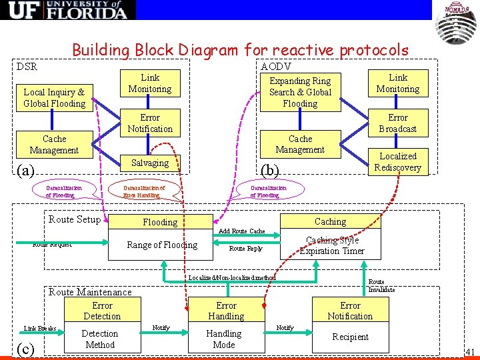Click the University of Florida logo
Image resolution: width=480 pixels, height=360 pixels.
point(68,10)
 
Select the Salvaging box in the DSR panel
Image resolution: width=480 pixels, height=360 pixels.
point(150,163)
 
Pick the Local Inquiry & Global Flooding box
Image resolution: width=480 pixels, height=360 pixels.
point(54,98)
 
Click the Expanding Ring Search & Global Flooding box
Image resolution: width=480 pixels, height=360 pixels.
point(300,92)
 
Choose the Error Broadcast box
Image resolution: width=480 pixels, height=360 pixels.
point(397,123)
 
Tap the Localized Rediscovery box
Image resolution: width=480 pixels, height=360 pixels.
point(397,162)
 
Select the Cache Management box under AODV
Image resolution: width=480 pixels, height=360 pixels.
point(300,144)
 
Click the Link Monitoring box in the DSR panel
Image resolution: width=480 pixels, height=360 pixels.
point(150,83)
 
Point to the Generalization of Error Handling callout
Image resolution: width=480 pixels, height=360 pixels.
point(144,191)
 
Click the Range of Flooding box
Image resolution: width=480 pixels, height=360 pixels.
point(162,245)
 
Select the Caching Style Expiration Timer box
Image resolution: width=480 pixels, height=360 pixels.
point(331,245)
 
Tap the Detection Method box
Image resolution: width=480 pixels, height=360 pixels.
point(99,339)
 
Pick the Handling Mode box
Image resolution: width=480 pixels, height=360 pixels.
point(224,339)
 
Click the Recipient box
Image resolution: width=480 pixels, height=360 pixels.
point(350,337)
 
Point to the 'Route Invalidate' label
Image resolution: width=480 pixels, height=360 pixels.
point(381,286)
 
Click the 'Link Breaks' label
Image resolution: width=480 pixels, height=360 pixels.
point(40,329)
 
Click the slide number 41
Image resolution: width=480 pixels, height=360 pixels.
point(470,351)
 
